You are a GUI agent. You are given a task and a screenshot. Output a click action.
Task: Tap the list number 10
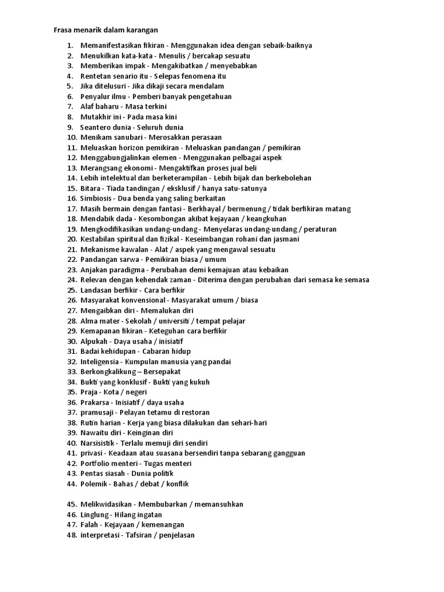(72, 137)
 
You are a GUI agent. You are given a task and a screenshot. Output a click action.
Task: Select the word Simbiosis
(98, 198)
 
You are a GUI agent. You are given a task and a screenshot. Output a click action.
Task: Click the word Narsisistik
(100, 443)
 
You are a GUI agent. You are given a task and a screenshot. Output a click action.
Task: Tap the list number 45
(72, 504)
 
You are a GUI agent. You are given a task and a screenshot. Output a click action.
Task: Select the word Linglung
(95, 515)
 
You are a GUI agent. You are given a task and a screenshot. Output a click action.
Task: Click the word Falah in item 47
(90, 524)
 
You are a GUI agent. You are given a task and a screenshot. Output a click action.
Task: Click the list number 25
(72, 290)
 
